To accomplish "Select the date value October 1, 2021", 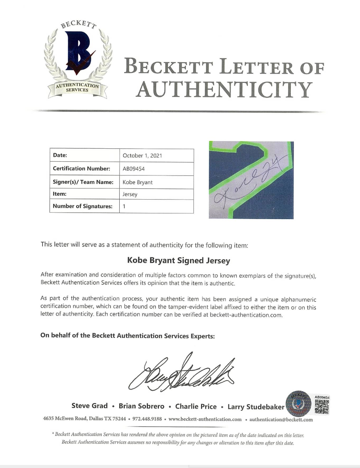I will (139, 156).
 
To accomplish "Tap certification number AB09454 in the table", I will (134, 169).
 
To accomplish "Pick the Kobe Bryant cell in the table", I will (138, 182).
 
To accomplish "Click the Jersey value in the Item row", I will (130, 194).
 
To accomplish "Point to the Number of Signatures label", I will (83, 206).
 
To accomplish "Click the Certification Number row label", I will (81, 169).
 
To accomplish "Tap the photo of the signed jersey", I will (251, 180).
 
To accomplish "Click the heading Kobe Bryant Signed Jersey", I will (178, 261).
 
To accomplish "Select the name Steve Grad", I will (89, 406).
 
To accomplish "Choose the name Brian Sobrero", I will (141, 406).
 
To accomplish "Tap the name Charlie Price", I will (196, 406).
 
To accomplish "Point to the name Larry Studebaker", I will (256, 407).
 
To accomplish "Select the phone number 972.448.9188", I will (147, 419).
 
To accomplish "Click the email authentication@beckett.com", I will (281, 419).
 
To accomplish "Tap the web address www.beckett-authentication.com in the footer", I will (205, 419).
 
